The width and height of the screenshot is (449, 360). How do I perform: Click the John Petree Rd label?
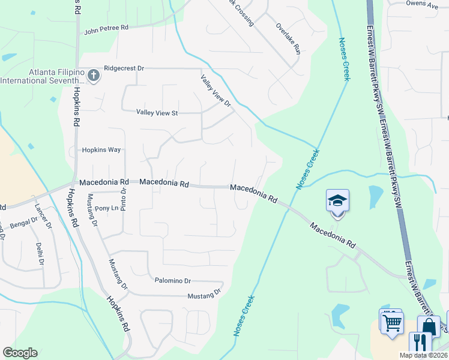point(106,28)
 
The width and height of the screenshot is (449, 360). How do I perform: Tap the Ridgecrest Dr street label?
point(124,68)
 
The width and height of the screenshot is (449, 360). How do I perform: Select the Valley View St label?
point(157,112)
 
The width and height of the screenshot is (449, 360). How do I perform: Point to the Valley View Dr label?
point(216,91)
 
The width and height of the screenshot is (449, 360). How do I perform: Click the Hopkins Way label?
point(101,150)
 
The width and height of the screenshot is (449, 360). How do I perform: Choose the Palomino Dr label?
point(172,280)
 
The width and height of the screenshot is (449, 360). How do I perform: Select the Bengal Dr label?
point(22,223)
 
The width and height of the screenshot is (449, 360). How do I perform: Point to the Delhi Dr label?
point(40,254)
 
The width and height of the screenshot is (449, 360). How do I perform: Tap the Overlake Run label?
point(288,38)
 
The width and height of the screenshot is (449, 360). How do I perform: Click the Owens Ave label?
point(423,4)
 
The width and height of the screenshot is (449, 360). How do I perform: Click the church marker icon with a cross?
point(92,76)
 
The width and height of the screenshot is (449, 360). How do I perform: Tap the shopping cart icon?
point(391,322)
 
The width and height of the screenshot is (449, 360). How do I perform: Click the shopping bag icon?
point(429,327)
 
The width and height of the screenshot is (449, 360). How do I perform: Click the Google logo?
point(20,353)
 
